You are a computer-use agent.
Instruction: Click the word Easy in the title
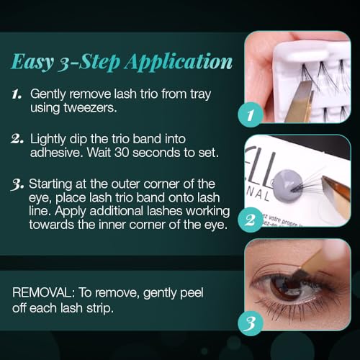(32, 62)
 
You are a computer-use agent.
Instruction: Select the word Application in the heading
(179, 62)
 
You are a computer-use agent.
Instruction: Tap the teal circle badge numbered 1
(251, 114)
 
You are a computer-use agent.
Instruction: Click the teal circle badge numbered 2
(251, 220)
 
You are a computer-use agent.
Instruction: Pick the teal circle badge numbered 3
(251, 323)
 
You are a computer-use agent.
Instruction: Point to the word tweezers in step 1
(90, 108)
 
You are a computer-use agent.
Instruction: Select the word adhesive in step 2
(57, 153)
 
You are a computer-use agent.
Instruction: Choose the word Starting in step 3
(50, 184)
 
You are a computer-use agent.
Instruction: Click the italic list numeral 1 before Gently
(17, 94)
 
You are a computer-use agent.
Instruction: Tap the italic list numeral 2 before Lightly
(17, 139)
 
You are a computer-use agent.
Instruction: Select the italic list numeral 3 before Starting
(17, 185)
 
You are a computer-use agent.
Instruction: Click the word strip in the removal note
(99, 308)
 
